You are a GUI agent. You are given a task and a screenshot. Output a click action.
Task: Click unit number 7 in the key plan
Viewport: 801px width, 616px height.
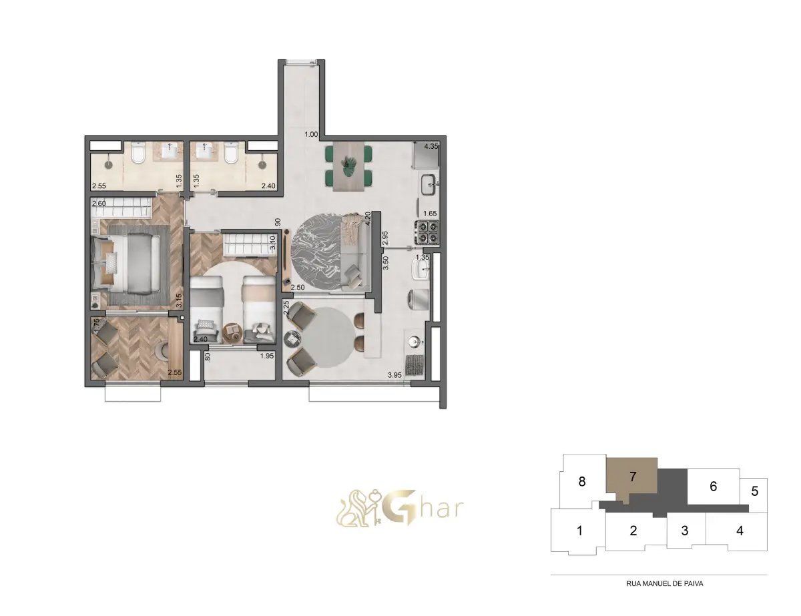click(633, 477)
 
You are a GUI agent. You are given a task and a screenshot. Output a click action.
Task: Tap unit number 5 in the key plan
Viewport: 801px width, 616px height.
click(754, 491)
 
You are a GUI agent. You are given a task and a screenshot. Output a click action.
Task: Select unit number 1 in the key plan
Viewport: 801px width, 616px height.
click(579, 531)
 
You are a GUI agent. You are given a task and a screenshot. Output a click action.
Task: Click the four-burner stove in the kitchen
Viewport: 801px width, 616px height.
click(428, 232)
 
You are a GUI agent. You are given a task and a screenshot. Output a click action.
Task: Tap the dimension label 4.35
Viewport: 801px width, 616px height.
click(431, 146)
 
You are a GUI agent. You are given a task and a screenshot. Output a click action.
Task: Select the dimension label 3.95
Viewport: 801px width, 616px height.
click(394, 375)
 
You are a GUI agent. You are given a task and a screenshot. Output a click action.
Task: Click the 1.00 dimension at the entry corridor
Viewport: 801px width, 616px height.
click(311, 134)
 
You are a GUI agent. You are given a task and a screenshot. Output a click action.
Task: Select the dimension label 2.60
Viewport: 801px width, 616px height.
click(99, 204)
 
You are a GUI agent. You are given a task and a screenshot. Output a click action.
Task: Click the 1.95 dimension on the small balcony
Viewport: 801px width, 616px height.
click(267, 356)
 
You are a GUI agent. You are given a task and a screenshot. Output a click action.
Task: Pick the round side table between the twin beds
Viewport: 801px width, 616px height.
click(232, 332)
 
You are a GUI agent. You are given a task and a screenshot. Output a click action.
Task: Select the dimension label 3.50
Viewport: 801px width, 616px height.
click(386, 263)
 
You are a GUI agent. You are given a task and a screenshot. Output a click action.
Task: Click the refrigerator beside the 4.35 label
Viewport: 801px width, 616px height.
click(427, 154)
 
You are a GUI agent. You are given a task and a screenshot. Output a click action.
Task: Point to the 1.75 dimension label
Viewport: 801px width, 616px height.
click(96, 326)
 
